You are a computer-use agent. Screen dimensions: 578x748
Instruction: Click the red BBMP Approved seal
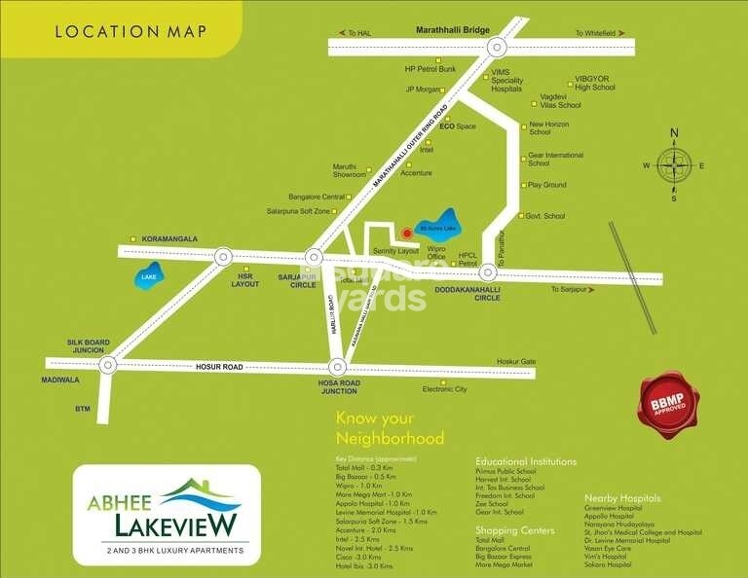pos(668,404)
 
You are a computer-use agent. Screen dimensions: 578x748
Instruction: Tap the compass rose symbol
pos(673,164)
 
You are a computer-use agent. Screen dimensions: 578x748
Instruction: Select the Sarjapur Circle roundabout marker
pos(313,258)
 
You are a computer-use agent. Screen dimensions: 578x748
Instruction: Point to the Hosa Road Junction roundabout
pos(337,367)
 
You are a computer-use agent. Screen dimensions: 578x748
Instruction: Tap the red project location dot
pos(406,233)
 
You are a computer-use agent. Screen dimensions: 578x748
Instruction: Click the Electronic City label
pos(444,390)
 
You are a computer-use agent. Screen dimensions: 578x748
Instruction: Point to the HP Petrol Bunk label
pos(430,70)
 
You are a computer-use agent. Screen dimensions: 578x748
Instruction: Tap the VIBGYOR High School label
pos(594,83)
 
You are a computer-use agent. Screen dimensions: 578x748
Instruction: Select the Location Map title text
pos(131,31)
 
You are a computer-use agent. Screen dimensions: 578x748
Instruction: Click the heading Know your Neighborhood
pos(390,428)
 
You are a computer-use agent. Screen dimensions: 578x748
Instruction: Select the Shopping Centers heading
pos(514,530)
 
